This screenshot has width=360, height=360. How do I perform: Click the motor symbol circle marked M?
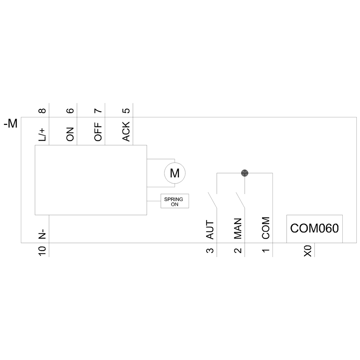click(175, 173)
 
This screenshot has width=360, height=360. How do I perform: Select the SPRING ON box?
click(174, 201)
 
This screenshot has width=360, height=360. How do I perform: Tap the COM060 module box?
click(314, 229)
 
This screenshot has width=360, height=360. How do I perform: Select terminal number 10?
click(42, 251)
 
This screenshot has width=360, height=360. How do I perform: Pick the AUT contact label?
click(210, 230)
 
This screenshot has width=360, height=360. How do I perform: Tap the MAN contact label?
click(238, 229)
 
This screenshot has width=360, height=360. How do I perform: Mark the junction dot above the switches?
click(245, 173)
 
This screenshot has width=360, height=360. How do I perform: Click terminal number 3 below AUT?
click(210, 250)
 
